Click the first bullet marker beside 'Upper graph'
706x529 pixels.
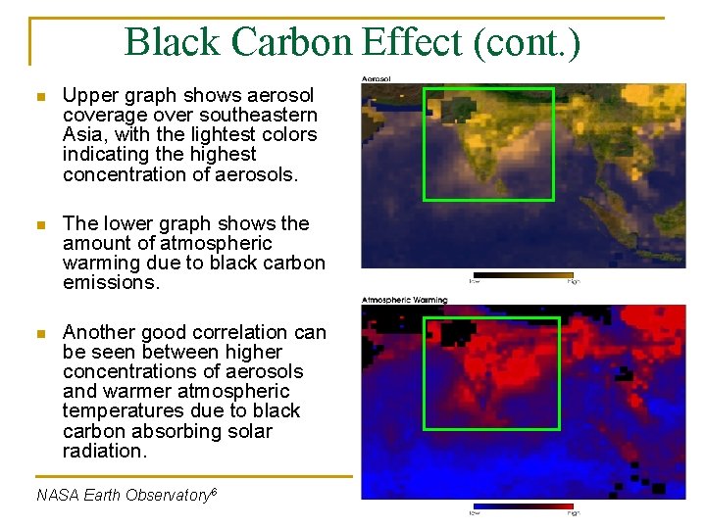pos(39,97)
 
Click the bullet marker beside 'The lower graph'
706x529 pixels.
pos(39,225)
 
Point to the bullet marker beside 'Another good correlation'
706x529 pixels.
pos(39,334)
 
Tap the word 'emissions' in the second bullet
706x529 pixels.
pos(108,283)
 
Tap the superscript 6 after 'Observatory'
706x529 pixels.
pos(213,491)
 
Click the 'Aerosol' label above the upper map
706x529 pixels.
pos(378,77)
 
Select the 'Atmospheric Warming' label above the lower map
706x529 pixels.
pos(405,300)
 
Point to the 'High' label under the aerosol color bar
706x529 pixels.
pos(573,282)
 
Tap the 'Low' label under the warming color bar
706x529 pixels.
pos(475,513)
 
